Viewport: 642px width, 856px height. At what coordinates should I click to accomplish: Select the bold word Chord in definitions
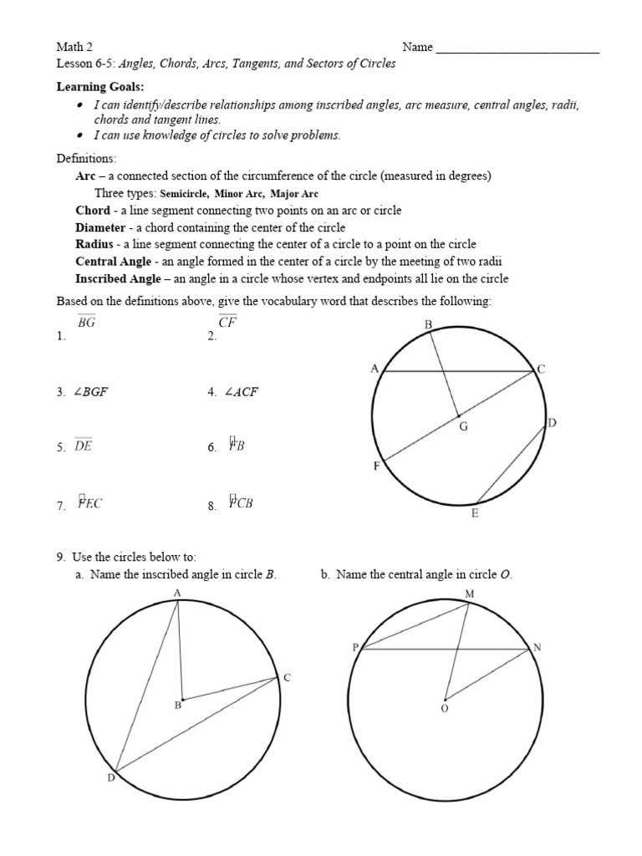pos(93,211)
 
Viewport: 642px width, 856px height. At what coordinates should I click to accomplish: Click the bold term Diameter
pos(101,227)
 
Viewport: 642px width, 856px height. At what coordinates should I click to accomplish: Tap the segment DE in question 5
pos(84,446)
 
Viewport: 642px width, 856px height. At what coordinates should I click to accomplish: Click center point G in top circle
pos(458,416)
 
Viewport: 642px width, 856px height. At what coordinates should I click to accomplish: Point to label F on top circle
pos(376,466)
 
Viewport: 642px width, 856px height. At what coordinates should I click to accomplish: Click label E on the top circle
pos(475,513)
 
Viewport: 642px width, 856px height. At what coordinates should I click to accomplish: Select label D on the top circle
pos(552,424)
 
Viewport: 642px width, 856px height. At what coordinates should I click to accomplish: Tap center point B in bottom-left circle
pos(182,699)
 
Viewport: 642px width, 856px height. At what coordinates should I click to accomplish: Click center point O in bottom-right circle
pos(445,701)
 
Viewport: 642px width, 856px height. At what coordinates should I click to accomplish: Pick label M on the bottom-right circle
pos(469,594)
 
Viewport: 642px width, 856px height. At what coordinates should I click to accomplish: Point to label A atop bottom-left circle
pos(177,593)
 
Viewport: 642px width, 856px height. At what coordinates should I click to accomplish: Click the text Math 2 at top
pos(73,47)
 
